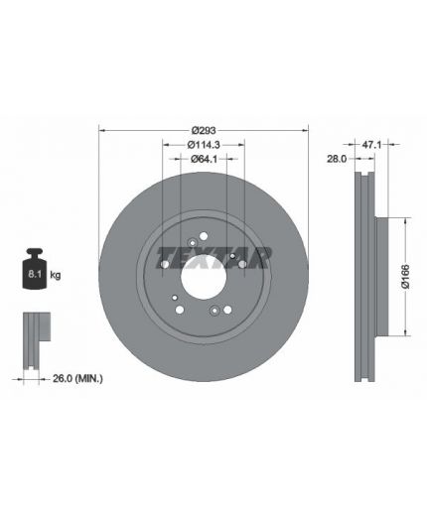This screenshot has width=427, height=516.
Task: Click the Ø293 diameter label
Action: pyautogui.click(x=204, y=130)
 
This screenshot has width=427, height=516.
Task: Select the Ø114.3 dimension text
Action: pyautogui.click(x=204, y=145)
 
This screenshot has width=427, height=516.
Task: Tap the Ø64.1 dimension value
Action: pyautogui.click(x=204, y=159)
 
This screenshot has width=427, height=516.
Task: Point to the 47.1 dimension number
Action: pyautogui.click(x=372, y=145)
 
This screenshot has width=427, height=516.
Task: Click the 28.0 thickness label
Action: pyautogui.click(x=337, y=159)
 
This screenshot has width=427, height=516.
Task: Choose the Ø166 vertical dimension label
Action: pyautogui.click(x=405, y=277)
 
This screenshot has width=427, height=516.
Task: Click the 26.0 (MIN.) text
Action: pyautogui.click(x=77, y=378)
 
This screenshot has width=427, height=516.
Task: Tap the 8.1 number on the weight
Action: pyautogui.click(x=35, y=274)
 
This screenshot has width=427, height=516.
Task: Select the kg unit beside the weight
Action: pyautogui.click(x=56, y=275)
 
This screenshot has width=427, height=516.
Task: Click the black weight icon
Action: pyautogui.click(x=35, y=268)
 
